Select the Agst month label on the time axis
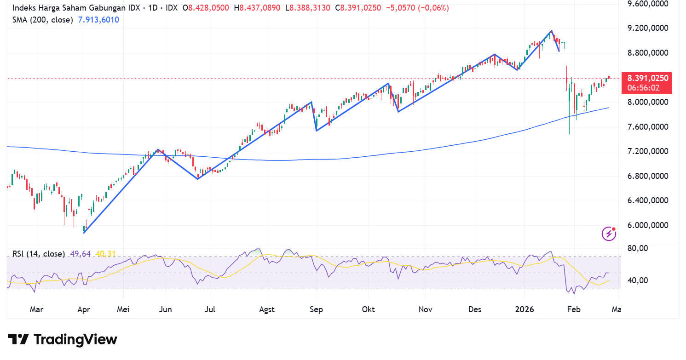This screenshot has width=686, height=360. tap(267, 309)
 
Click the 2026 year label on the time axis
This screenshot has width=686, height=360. tap(525, 309)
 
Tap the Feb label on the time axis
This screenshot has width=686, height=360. tap(574, 309)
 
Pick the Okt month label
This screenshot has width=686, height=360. tap(369, 309)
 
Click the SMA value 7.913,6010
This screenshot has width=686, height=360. tap(98, 20)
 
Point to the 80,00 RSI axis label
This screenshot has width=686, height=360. tap(637, 248)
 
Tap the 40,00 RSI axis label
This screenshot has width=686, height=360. tap(637, 280)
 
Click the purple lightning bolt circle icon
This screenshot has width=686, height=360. tap(609, 234)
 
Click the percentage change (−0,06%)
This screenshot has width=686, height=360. tap(433, 8)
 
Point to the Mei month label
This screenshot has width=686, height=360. tap(123, 309)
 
